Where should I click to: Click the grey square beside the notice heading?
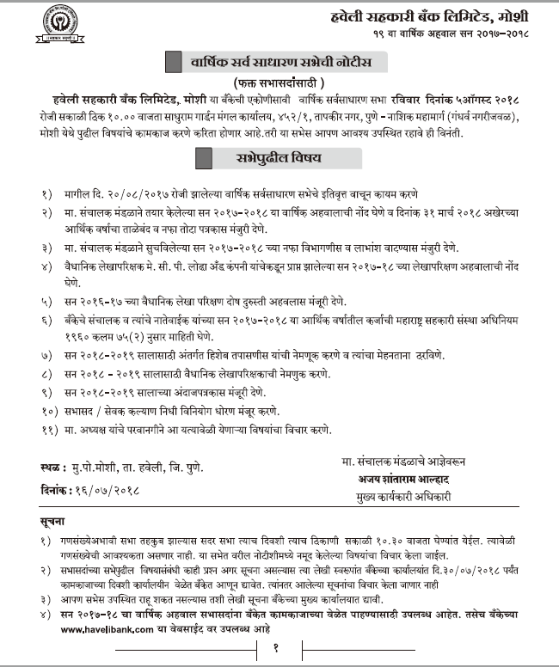point(175,62)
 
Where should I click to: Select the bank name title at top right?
point(439,15)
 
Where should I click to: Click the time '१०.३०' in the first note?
point(392,542)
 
